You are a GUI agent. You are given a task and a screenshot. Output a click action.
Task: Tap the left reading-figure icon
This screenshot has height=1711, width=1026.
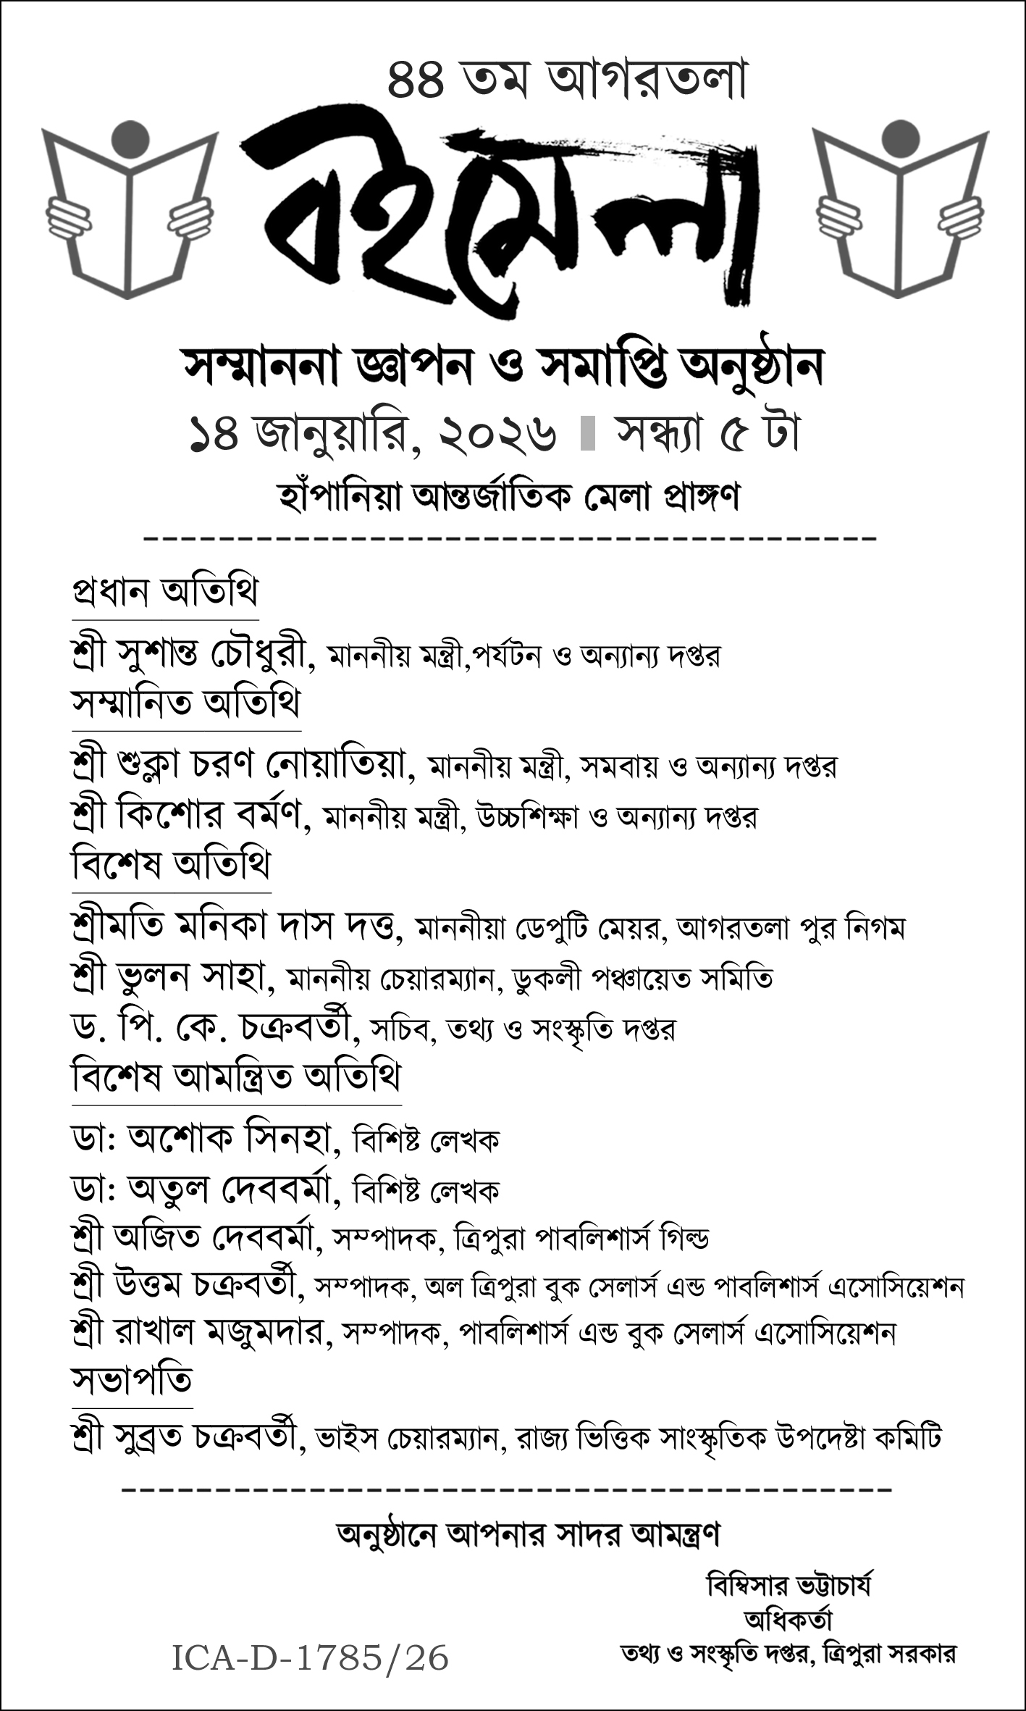tap(130, 210)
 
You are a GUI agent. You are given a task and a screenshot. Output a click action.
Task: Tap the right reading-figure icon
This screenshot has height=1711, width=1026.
tap(900, 210)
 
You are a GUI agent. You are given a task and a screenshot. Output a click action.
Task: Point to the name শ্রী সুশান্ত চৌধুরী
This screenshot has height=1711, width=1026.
tap(193, 655)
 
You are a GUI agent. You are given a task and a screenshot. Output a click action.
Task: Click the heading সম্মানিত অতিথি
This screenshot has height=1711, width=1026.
tap(185, 703)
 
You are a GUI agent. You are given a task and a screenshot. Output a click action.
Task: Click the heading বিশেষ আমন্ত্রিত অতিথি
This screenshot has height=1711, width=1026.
tap(236, 1077)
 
